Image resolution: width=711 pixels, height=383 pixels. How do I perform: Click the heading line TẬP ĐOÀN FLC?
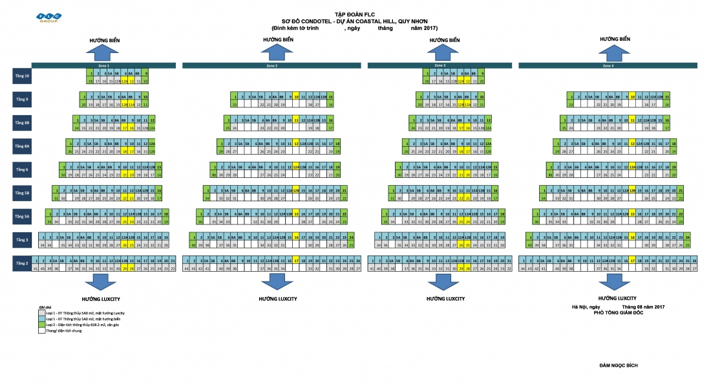(355, 14)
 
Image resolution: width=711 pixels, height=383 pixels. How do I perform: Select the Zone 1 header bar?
(103, 65)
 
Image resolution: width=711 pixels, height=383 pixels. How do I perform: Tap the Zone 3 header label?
(440, 65)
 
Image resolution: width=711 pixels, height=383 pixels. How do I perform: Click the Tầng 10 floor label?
(22, 76)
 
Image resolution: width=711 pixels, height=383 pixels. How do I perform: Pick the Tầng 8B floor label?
(22, 122)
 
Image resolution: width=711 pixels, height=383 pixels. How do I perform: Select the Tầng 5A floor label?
(22, 216)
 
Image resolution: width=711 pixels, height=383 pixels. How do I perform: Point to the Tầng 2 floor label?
(22, 263)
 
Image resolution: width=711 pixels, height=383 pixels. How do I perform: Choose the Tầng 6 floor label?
(22, 170)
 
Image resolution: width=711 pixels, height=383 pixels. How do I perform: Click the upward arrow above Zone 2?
(278, 52)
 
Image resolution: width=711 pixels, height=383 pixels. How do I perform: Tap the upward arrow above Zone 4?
(615, 52)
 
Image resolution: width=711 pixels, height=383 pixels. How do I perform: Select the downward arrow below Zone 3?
(445, 283)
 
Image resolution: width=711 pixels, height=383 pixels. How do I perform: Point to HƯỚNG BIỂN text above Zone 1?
(104, 40)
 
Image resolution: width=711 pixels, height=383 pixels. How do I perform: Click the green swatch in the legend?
(42, 325)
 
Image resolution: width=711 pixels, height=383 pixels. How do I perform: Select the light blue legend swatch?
(42, 319)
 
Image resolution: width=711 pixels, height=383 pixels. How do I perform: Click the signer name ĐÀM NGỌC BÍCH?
(619, 366)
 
